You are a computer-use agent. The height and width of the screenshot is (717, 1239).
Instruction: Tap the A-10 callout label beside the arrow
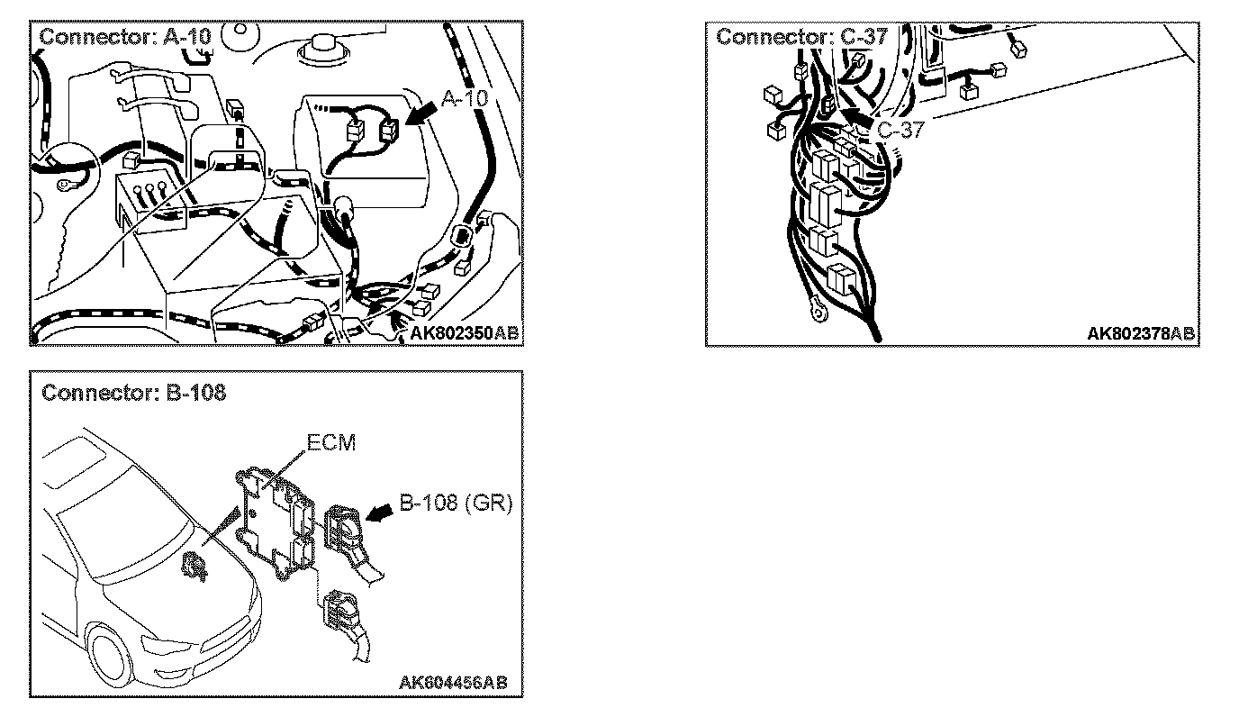coord(463,97)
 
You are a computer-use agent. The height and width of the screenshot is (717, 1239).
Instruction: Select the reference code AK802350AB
coord(464,333)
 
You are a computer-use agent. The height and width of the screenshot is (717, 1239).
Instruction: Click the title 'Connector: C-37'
coord(802,37)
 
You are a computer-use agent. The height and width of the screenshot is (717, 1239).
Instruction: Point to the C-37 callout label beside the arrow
coord(900,130)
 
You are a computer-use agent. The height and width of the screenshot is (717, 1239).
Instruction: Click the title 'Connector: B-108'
coord(133,393)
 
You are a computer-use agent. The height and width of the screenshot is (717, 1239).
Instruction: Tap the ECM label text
coord(330,443)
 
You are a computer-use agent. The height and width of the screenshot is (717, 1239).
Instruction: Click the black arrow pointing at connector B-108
coord(383,511)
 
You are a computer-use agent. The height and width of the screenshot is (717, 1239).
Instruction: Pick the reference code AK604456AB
coord(452,682)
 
